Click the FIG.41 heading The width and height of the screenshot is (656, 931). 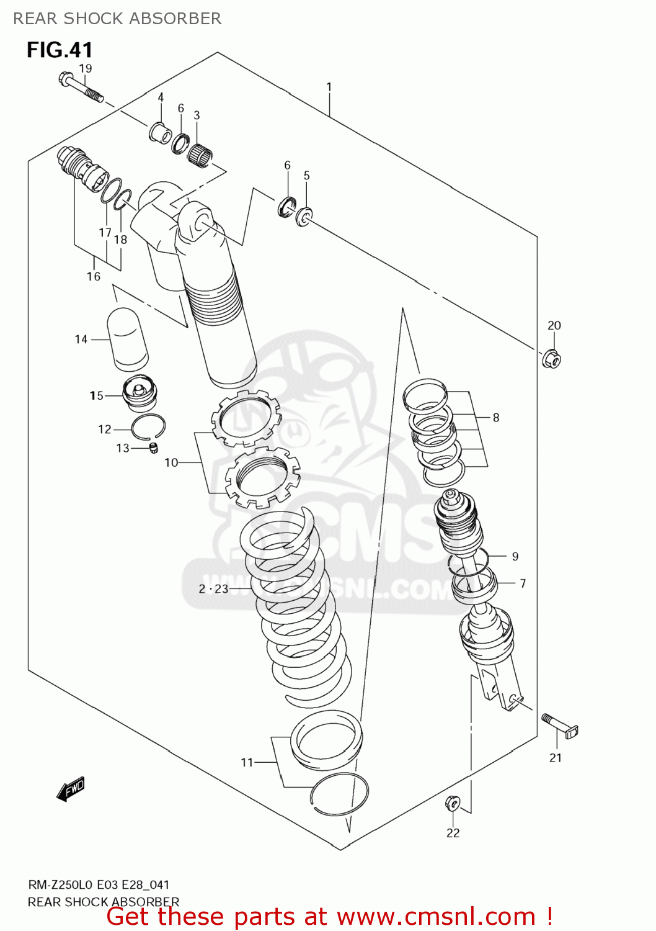pyautogui.click(x=60, y=50)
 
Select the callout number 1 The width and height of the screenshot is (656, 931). pyautogui.click(x=329, y=87)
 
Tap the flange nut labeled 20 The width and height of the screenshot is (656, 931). pyautogui.click(x=551, y=359)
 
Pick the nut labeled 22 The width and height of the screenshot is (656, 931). pyautogui.click(x=453, y=803)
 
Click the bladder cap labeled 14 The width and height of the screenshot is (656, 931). pyautogui.click(x=128, y=339)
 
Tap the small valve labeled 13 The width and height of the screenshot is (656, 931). pyautogui.click(x=154, y=448)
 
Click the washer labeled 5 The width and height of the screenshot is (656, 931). pyautogui.click(x=304, y=217)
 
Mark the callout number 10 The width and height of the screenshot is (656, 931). pyautogui.click(x=171, y=462)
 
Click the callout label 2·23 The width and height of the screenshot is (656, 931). pyautogui.click(x=213, y=588)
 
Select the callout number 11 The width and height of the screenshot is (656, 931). pyautogui.click(x=247, y=762)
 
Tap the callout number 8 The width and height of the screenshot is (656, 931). pyautogui.click(x=496, y=418)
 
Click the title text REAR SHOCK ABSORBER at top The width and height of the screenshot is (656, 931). pyautogui.click(x=117, y=19)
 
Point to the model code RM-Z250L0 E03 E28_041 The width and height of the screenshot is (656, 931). pyautogui.click(x=99, y=884)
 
